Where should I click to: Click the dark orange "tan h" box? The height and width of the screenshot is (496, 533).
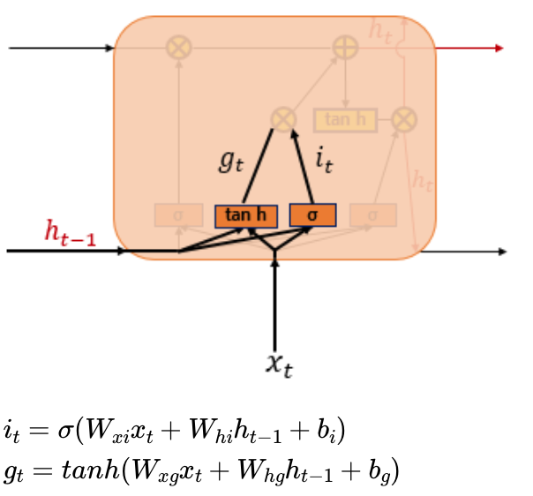[x=246, y=215]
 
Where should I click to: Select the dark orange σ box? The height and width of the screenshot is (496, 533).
[x=313, y=215]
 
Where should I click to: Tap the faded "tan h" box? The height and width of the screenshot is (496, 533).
[x=345, y=119]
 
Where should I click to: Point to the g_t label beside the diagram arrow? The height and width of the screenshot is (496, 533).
[x=229, y=161]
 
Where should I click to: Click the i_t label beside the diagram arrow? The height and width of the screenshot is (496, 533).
[x=324, y=161]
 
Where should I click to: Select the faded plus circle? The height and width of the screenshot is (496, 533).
[x=344, y=48]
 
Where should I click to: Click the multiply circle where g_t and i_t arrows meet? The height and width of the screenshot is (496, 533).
[x=282, y=119]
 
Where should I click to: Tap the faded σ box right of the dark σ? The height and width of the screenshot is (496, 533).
[x=372, y=214]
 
